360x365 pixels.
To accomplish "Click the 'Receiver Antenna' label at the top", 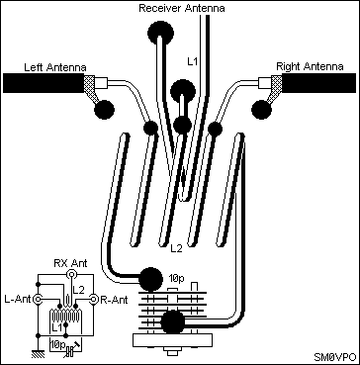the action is click(182, 8).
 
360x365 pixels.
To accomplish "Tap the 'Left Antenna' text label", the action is click(55, 67).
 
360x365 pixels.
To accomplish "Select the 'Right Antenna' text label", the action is click(310, 67).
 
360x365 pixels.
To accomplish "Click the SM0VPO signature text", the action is click(334, 357).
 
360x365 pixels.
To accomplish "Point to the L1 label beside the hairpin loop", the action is click(192, 61).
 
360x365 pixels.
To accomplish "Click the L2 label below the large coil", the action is click(176, 248).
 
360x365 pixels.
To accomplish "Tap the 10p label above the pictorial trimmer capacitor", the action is click(177, 279).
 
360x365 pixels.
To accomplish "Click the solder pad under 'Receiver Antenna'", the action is click(160, 33).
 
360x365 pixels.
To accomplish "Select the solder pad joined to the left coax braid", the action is click(104, 110).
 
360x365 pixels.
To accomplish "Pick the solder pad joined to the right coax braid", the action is click(261, 110).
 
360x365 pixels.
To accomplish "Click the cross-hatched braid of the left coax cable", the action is click(90, 86).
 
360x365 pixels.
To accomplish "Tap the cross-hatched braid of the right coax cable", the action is click(276, 86).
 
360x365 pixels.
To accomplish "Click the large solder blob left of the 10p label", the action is click(150, 280).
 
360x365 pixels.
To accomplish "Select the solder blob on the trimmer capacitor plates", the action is click(172, 321).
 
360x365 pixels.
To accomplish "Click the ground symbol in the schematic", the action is click(38, 354).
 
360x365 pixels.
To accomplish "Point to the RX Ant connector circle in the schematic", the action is click(70, 274).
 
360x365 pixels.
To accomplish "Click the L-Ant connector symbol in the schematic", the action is click(38, 300).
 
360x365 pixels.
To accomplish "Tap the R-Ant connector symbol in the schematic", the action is click(95, 300).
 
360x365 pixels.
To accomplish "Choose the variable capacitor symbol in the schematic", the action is click(69, 351).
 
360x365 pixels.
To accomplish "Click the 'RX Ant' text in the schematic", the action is click(70, 263).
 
